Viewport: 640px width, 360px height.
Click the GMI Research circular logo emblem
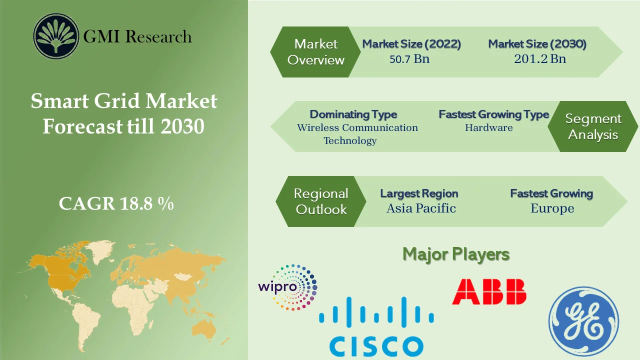tap(56, 36)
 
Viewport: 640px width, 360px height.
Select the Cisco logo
tap(376, 327)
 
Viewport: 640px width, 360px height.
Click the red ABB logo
tap(489, 292)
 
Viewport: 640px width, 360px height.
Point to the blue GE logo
tap(583, 321)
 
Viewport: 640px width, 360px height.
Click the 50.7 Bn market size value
tap(409, 59)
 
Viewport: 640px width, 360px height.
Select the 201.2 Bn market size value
tap(540, 59)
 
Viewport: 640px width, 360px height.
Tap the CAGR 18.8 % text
tap(116, 203)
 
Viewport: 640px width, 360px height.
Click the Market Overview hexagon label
tap(316, 52)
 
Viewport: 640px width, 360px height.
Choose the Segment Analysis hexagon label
tap(593, 126)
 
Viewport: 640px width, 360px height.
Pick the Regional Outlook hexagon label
tap(321, 201)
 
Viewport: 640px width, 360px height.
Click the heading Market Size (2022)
tap(411, 44)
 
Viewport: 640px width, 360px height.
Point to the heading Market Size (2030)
tap(537, 44)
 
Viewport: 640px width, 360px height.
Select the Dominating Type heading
tap(353, 114)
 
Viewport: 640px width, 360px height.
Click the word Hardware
tap(488, 128)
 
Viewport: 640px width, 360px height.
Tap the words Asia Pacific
tap(421, 208)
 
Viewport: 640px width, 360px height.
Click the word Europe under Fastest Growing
tap(552, 208)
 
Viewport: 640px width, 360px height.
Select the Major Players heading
tap(456, 254)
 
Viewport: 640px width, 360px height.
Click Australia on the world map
tap(204, 327)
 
